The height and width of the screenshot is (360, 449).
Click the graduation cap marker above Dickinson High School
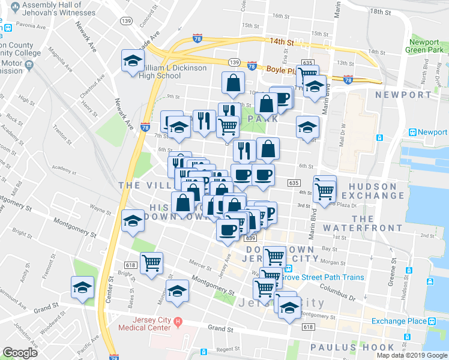click(x=133, y=60)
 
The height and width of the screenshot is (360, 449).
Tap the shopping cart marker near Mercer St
click(x=151, y=262)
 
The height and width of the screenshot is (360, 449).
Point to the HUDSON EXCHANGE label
click(x=372, y=191)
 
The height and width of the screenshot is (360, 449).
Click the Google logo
click(x=20, y=352)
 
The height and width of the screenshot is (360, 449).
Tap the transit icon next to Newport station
click(x=412, y=132)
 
